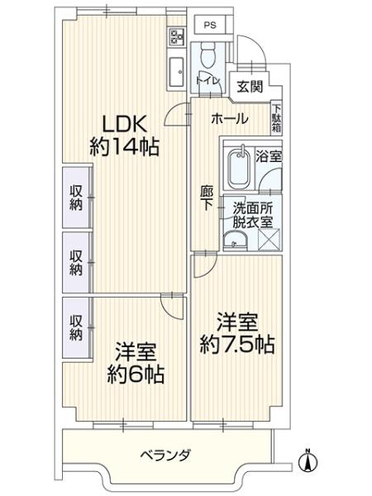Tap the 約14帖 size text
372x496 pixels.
124,147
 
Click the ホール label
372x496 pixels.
228,119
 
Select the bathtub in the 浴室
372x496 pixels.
240,169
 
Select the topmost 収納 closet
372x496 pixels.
75,198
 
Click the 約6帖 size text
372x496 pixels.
136,374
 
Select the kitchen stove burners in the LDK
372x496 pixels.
175,37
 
